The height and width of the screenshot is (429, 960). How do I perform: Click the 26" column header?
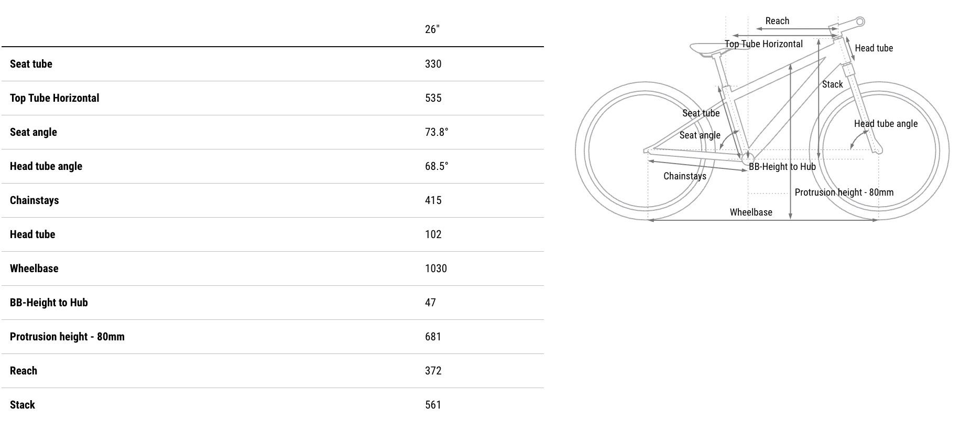coord(432,29)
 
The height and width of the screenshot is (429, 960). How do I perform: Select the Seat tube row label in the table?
coord(31,64)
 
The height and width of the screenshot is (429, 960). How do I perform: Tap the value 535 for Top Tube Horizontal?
coord(433,98)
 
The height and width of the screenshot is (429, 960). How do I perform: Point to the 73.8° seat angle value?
coord(437,132)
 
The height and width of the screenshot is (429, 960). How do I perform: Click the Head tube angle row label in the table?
coord(46,166)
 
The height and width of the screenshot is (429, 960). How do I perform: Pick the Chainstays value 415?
coord(433,200)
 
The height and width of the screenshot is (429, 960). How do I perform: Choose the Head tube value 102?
coord(433,234)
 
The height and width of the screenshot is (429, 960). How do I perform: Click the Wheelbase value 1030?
coord(436,269)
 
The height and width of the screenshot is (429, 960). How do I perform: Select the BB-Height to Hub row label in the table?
coord(49,303)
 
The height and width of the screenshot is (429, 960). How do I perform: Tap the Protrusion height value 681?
coord(433,337)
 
